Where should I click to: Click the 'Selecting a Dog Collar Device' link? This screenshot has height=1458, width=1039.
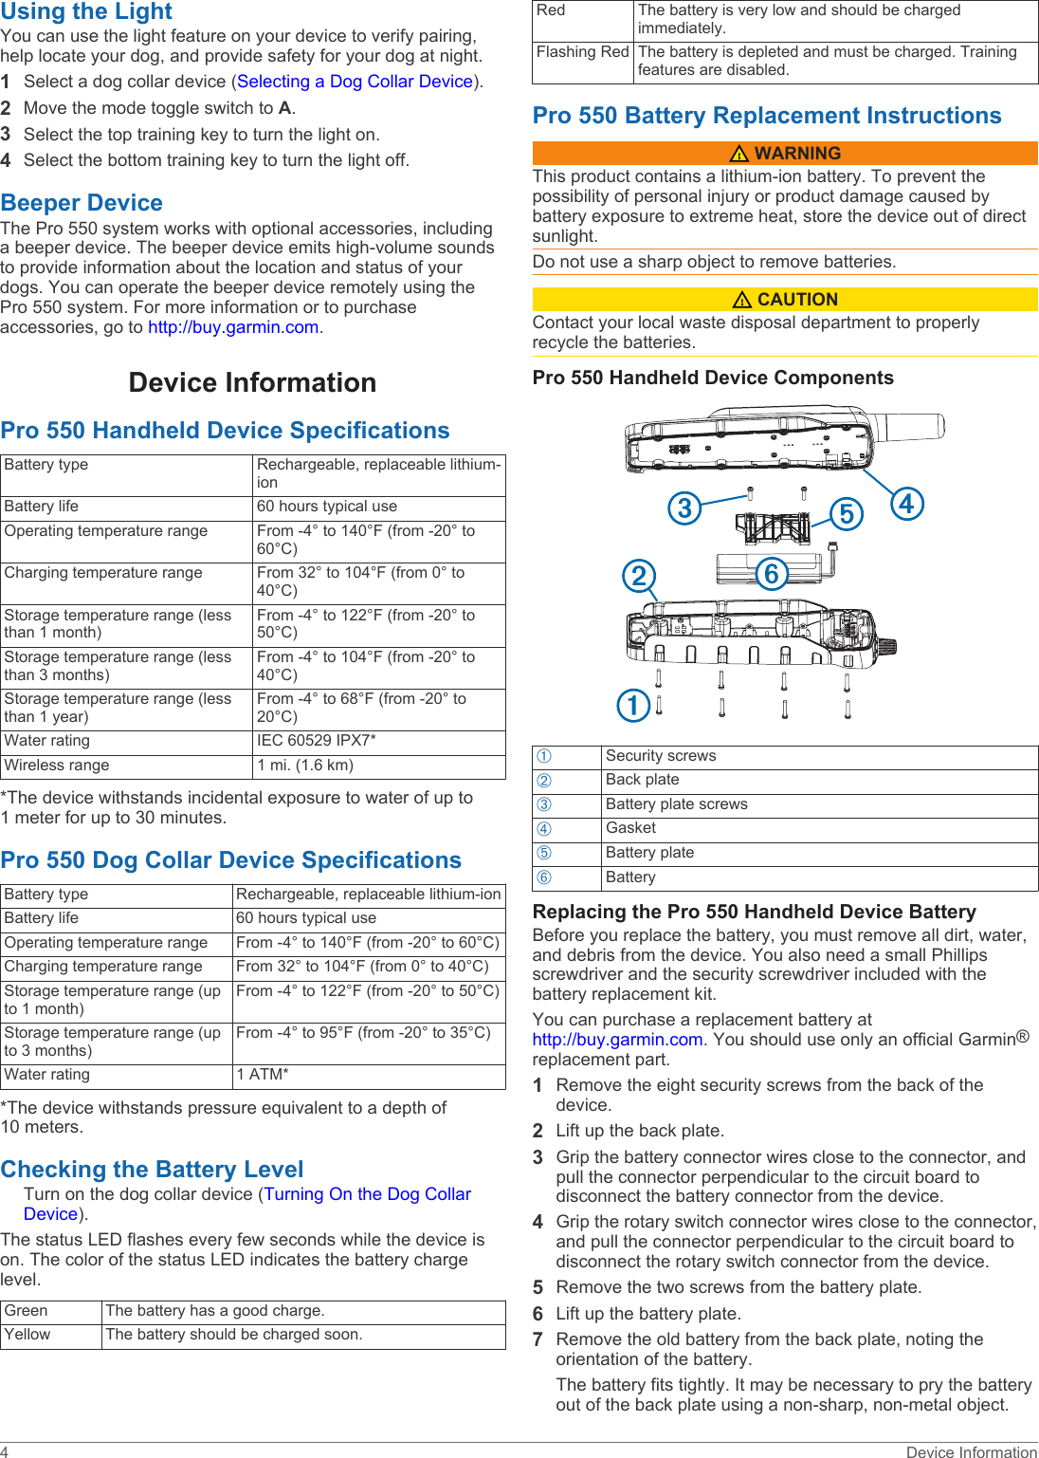pyautogui.click(x=355, y=82)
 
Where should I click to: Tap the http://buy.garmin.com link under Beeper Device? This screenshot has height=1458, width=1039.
pyautogui.click(x=233, y=327)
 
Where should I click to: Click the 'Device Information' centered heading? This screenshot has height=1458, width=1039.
pyautogui.click(x=252, y=382)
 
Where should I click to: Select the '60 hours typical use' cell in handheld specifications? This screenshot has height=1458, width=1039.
pyautogui.click(x=326, y=507)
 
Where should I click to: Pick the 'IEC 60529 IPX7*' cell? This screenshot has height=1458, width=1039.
pyautogui.click(x=316, y=741)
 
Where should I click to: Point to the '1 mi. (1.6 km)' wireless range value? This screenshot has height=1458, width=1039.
pyautogui.click(x=304, y=766)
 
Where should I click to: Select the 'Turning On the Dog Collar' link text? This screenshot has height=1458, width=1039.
pyautogui.click(x=367, y=1194)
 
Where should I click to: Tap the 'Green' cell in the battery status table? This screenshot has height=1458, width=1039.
pyautogui.click(x=27, y=1311)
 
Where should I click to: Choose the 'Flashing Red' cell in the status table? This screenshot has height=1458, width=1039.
pyautogui.click(x=582, y=52)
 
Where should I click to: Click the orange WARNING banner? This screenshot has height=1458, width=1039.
pyautogui.click(x=785, y=154)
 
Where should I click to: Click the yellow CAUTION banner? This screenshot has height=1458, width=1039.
pyautogui.click(x=785, y=300)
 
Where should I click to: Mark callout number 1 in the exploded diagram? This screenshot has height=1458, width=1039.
pyautogui.click(x=633, y=705)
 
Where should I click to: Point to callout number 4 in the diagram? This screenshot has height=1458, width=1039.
pyautogui.click(x=906, y=504)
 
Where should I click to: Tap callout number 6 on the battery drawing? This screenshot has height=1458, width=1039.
pyautogui.click(x=772, y=573)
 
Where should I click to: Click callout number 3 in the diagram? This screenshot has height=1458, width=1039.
pyautogui.click(x=684, y=508)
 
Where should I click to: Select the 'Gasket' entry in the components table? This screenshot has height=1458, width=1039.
pyautogui.click(x=630, y=828)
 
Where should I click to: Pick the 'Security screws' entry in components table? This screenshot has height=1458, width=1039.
pyautogui.click(x=661, y=756)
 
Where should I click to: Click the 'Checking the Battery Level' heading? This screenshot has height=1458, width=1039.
pyautogui.click(x=153, y=1169)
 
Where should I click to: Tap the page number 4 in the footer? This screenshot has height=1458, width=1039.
pyautogui.click(x=5, y=1451)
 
